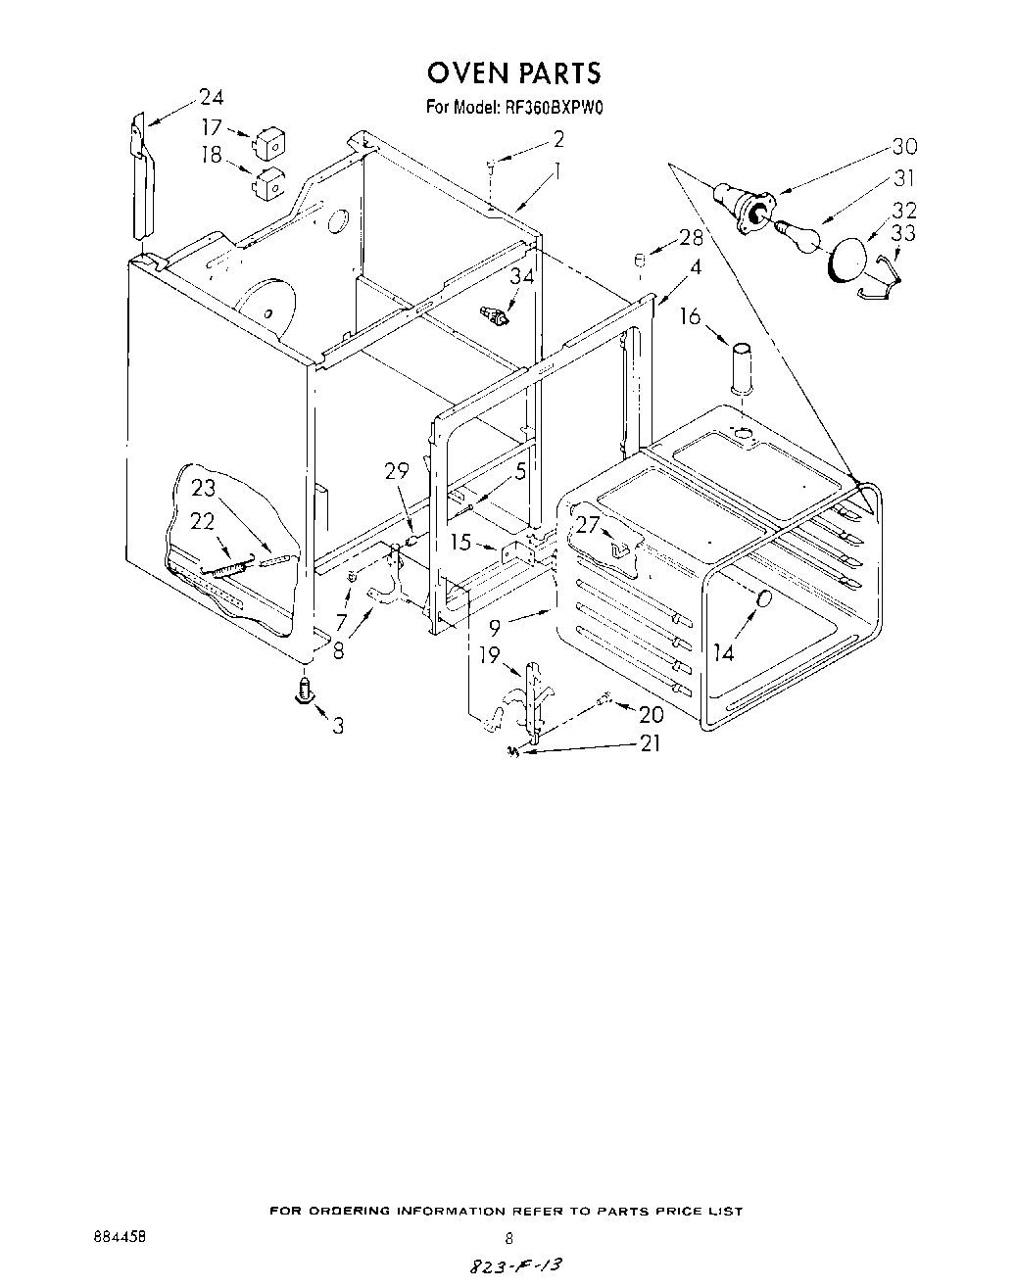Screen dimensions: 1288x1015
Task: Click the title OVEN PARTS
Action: (x=512, y=72)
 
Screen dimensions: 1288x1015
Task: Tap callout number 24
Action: (x=211, y=97)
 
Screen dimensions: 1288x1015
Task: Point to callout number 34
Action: (x=522, y=276)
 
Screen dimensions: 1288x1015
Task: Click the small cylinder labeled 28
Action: (x=637, y=261)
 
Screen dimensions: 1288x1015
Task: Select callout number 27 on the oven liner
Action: (x=587, y=525)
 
